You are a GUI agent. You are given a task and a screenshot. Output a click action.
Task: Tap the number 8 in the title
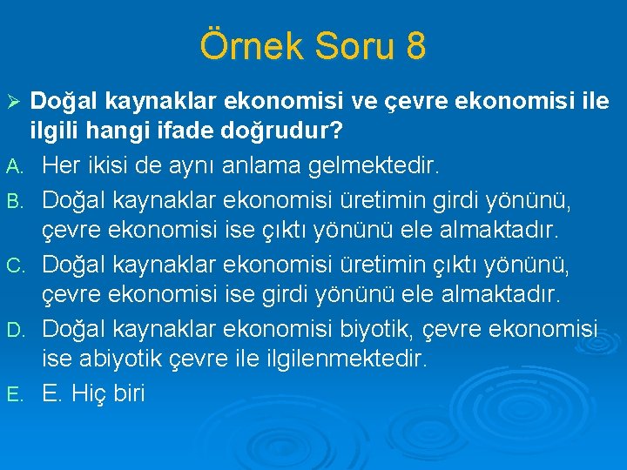[415, 46]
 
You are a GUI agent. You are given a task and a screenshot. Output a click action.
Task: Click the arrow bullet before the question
[12, 103]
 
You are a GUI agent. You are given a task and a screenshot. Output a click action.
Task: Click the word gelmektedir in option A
[371, 164]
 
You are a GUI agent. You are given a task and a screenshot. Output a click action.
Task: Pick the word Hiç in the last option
[88, 393]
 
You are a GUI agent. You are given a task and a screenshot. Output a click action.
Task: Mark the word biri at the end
[130, 393]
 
